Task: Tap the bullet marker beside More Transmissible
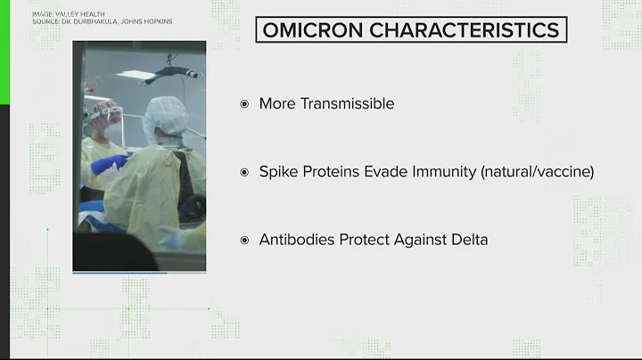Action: pyautogui.click(x=244, y=104)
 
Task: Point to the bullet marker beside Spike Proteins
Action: pyautogui.click(x=244, y=172)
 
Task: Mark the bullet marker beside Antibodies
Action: pyautogui.click(x=244, y=241)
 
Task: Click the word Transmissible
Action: pyautogui.click(x=349, y=104)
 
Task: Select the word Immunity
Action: pyautogui.click(x=446, y=172)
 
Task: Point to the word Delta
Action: pyautogui.click(x=468, y=241)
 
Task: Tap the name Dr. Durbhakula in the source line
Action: pyautogui.click(x=81, y=21)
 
